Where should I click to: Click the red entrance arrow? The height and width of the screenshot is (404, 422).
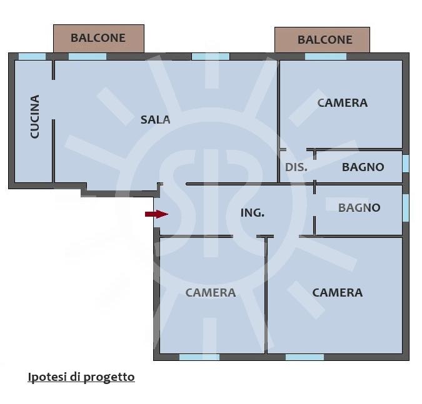[157, 214]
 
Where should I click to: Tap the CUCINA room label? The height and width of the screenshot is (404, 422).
[35, 117]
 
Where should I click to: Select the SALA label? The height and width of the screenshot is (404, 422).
[155, 120]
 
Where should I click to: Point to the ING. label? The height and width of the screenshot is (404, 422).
[253, 213]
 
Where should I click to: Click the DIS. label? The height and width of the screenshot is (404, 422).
[296, 167]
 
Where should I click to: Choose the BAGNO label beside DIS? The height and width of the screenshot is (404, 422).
[363, 167]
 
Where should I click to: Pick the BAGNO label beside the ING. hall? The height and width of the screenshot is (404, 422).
[359, 208]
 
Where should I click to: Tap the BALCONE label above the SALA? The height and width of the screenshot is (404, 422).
[98, 38]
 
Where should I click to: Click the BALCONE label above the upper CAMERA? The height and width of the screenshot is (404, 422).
[325, 40]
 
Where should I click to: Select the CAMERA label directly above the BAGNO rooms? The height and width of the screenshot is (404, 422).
[343, 103]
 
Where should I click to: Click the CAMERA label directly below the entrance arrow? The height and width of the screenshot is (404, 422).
[211, 293]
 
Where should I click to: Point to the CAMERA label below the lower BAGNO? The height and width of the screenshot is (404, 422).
[337, 293]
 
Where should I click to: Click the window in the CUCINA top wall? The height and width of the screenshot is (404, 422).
[32, 57]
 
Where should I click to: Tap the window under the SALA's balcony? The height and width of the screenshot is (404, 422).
[88, 57]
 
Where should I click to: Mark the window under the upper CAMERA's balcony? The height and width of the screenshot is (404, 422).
[326, 57]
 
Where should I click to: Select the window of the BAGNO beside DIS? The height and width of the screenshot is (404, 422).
[406, 164]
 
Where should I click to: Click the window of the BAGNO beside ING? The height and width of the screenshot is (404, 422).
[406, 208]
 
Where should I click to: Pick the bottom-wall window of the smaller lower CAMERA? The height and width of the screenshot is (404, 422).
[199, 357]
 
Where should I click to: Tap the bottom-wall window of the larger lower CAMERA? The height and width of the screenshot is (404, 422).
[304, 357]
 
